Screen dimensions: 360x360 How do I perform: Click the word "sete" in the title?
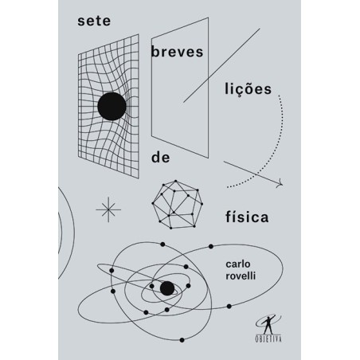point(94,22)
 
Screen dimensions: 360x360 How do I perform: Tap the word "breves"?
point(177,52)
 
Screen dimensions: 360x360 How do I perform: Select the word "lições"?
point(248,89)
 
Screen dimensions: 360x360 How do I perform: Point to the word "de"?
point(161,158)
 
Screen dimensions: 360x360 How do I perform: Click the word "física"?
point(247,217)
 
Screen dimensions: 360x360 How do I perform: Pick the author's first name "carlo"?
point(238,264)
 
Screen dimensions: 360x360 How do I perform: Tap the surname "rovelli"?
point(241,276)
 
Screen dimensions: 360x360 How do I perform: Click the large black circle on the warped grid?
point(112,106)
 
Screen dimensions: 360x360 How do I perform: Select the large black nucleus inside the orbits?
point(167,288)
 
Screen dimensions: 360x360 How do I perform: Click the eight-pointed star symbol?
point(108,209)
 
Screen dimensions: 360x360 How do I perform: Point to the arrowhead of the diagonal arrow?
point(280,184)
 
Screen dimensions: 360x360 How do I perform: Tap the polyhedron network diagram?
point(178,205)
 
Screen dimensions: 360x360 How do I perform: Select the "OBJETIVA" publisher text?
point(268,338)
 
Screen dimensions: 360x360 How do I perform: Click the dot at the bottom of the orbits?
point(182,340)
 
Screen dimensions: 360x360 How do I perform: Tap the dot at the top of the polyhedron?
point(175,182)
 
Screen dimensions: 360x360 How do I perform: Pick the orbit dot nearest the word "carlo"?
point(211,246)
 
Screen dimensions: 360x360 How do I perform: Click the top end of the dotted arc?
point(279,96)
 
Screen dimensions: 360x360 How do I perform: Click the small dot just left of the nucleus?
point(151,286)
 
